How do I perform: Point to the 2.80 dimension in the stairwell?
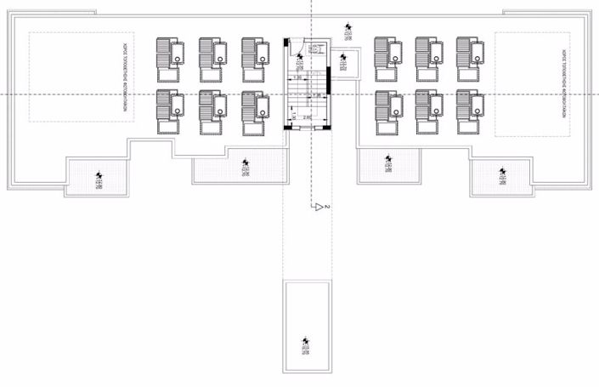tap(307, 117)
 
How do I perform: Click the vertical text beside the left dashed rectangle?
tap(124, 76)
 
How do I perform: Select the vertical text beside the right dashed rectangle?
tap(562, 76)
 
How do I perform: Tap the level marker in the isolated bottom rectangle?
tap(307, 347)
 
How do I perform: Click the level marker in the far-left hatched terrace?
tap(99, 178)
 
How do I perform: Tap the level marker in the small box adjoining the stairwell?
tap(342, 61)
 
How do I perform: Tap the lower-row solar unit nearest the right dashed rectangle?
tap(470, 109)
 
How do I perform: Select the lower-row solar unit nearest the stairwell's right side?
tap(388, 109)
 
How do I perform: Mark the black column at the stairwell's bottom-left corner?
tap(286, 127)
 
